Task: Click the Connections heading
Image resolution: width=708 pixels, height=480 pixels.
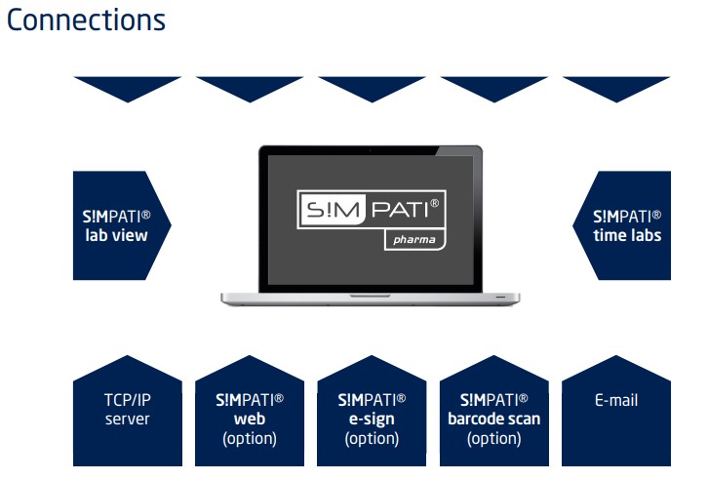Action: tap(86, 20)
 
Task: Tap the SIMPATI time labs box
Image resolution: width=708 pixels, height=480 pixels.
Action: tap(622, 225)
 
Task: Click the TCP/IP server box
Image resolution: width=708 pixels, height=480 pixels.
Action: tap(128, 411)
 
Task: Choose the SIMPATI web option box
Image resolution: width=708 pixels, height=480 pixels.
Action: tap(250, 411)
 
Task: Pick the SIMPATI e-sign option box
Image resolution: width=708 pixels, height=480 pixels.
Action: tap(372, 411)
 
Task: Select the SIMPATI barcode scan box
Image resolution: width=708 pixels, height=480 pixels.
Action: tap(494, 411)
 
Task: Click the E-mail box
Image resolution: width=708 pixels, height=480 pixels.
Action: tap(616, 411)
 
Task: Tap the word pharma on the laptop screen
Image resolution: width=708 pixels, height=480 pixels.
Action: tap(414, 240)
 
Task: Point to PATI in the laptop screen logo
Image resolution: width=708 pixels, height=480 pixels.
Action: tap(400, 210)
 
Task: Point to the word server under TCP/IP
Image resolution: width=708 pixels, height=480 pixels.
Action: tap(128, 420)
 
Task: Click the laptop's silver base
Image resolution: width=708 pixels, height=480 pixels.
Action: tap(371, 299)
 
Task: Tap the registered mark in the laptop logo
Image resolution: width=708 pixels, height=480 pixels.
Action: tap(434, 203)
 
